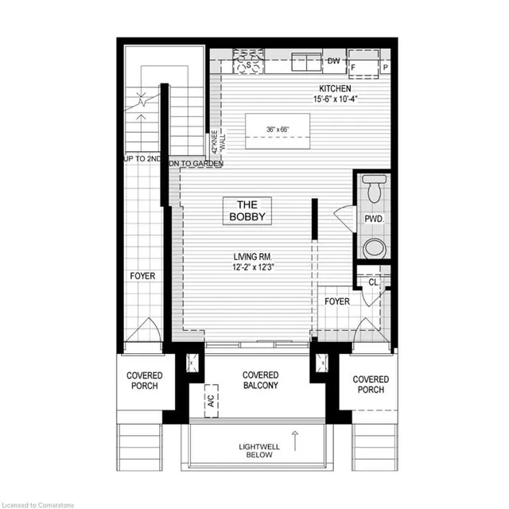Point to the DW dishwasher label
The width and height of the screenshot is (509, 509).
coord(334,60)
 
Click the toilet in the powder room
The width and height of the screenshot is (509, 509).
coord(374,189)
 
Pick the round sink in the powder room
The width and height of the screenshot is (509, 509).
coord(374,247)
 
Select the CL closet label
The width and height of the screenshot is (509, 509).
coord(373,281)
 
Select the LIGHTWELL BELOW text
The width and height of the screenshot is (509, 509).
coord(259,451)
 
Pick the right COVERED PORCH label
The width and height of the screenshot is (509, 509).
coord(371,385)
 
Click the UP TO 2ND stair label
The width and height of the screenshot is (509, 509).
coord(142,159)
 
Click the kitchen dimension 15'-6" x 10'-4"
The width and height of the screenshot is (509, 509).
coord(336,100)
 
